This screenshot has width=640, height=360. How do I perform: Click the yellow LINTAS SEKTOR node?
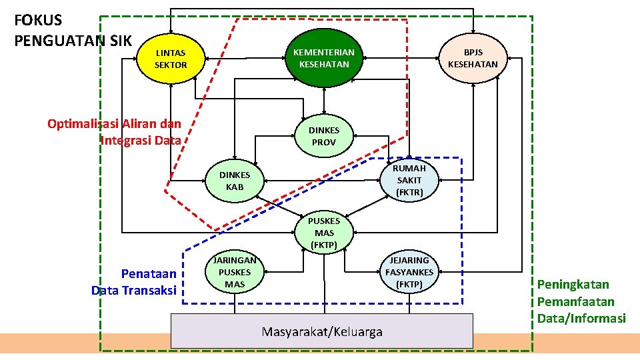pyautogui.click(x=171, y=59)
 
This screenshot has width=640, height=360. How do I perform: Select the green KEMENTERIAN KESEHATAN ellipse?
pyautogui.click(x=324, y=58)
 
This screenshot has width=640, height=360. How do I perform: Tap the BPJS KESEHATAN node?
pyautogui.click(x=473, y=58)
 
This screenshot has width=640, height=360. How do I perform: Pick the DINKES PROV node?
pyautogui.click(x=324, y=137)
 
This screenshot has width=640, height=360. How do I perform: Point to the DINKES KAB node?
pyautogui.click(x=235, y=181)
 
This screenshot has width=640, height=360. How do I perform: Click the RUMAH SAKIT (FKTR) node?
pyautogui.click(x=409, y=180)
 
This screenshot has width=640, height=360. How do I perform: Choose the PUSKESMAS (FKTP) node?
pyautogui.click(x=324, y=233)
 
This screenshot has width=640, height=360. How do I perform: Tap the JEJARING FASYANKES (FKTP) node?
pyautogui.click(x=409, y=272)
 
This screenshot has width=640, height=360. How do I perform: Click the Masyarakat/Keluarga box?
pyautogui.click(x=322, y=331)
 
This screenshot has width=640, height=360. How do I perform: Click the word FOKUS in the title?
pyautogui.click(x=38, y=21)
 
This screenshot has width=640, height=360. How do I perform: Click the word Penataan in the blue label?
pyautogui.click(x=149, y=273)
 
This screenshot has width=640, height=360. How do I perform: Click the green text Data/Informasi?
pyautogui.click(x=581, y=318)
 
